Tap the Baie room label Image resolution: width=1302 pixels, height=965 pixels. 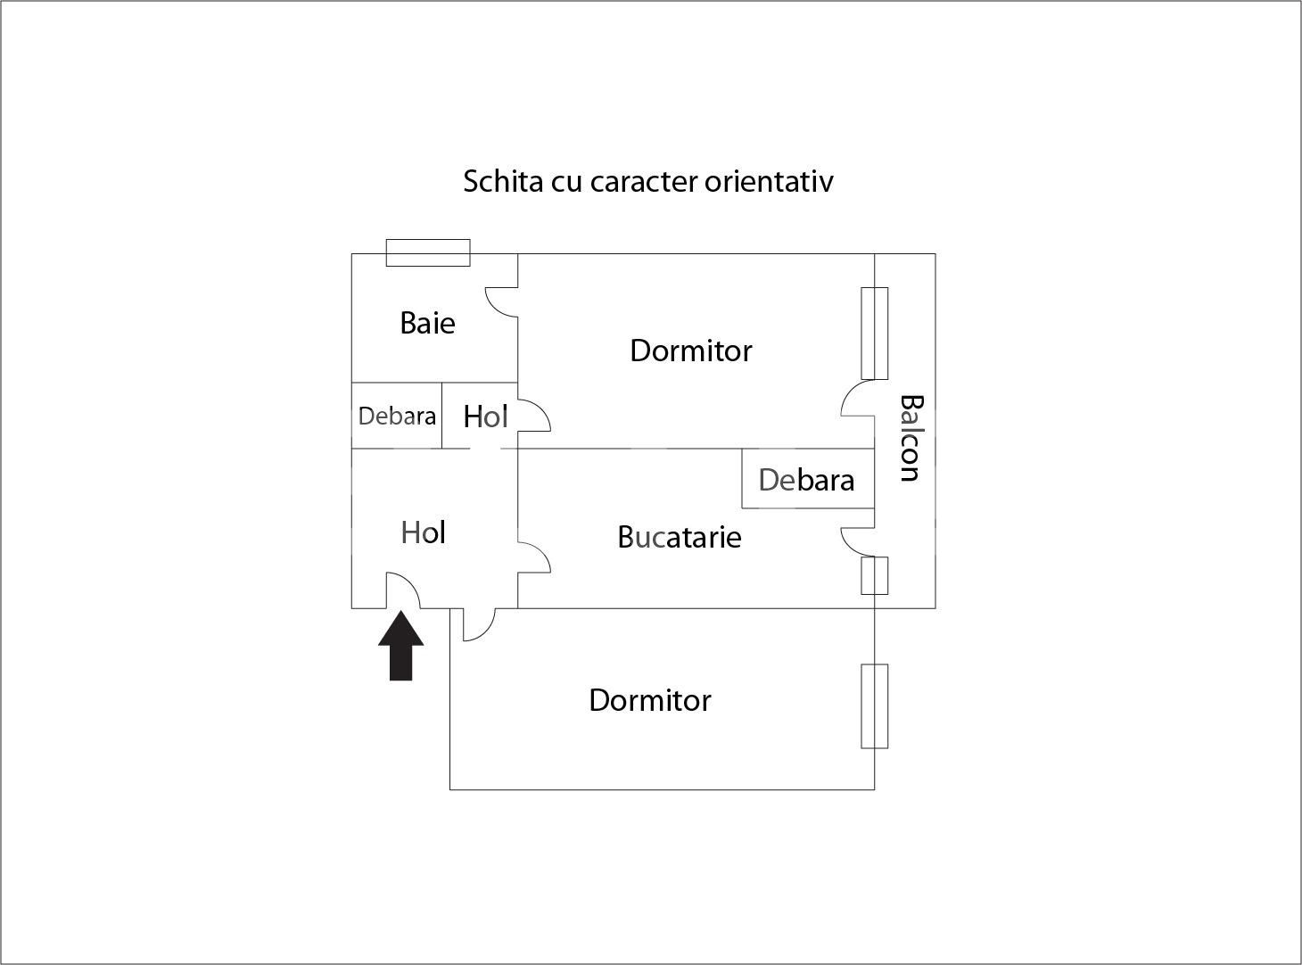pyautogui.click(x=427, y=323)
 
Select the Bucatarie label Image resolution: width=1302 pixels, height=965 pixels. pyautogui.click(x=680, y=537)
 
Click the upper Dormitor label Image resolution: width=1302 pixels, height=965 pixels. pyautogui.click(x=691, y=351)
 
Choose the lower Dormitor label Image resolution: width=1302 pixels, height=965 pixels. pyautogui.click(x=650, y=700)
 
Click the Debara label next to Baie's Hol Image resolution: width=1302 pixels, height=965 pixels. pyautogui.click(x=397, y=416)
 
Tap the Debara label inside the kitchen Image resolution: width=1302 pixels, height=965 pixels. pyautogui.click(x=806, y=480)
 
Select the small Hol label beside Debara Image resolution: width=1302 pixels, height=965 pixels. pyautogui.click(x=485, y=416)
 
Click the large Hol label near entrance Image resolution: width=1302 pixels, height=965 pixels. pyautogui.click(x=424, y=532)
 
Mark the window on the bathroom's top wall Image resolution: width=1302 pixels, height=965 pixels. pyautogui.click(x=428, y=252)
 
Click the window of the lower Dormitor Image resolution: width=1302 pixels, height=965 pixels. pyautogui.click(x=874, y=705)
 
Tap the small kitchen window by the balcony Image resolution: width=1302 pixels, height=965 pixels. pyautogui.click(x=874, y=575)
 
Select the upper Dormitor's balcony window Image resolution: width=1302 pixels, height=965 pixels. pyautogui.click(x=874, y=334)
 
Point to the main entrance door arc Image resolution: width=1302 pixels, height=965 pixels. pyautogui.click(x=402, y=589)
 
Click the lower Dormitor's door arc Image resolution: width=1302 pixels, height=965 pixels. pyautogui.click(x=478, y=625)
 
